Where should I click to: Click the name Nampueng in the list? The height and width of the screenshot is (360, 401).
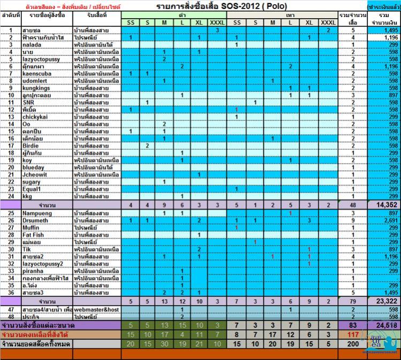pos(37,213)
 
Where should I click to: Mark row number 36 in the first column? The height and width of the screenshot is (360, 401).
pos(11,293)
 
